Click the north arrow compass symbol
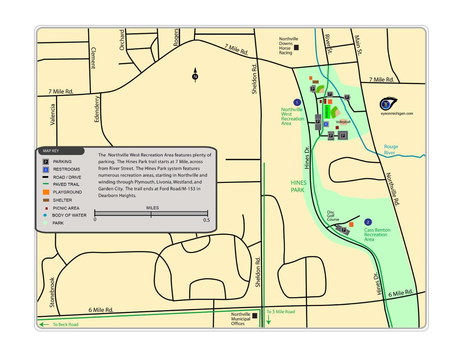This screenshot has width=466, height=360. (195, 76)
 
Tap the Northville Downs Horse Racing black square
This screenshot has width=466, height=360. (297, 47)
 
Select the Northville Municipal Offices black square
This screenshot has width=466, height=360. (255, 316)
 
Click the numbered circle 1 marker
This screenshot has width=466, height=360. (297, 102)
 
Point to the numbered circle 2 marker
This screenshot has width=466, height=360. (368, 222)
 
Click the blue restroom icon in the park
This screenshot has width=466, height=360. (326, 124)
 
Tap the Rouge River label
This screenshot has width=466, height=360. (390, 150)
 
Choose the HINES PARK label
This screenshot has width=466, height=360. (298, 186)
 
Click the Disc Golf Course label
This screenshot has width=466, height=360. (333, 216)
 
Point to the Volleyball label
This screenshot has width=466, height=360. (343, 122)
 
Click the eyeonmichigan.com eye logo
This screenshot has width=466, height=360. (388, 104)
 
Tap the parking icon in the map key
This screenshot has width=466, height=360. (46, 162)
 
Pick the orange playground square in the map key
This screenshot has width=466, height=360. (46, 192)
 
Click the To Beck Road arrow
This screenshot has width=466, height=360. (44, 324)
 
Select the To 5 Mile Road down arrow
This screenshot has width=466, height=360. (269, 319)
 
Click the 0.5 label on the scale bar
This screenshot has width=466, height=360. (207, 220)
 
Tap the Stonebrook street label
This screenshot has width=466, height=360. (52, 292)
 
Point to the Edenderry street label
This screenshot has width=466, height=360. (97, 109)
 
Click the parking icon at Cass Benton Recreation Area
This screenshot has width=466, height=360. (343, 230)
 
